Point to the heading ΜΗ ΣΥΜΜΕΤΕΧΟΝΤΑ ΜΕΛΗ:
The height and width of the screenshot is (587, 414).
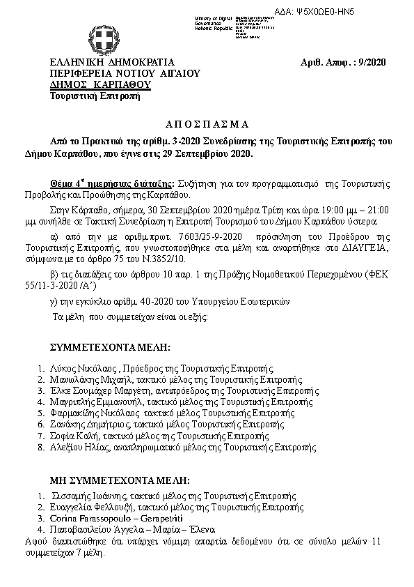[119, 481]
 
